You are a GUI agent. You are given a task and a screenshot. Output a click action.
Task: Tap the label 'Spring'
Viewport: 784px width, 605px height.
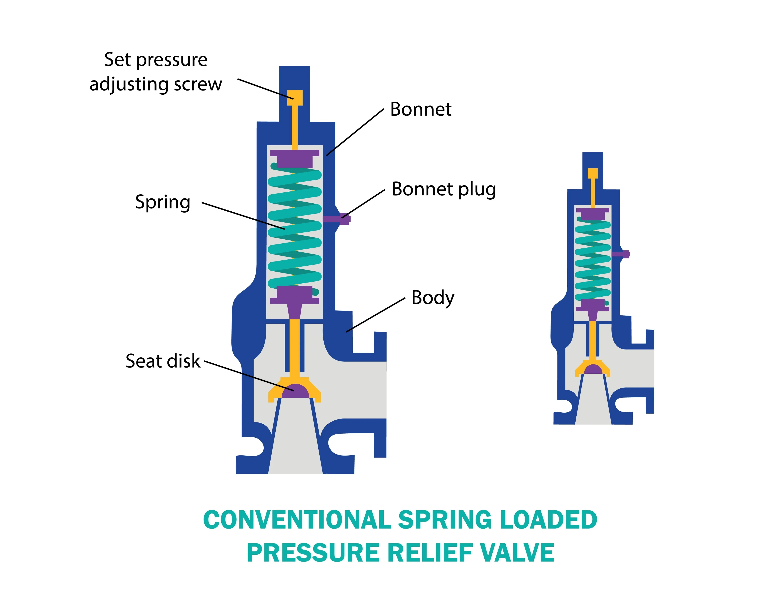(163, 202)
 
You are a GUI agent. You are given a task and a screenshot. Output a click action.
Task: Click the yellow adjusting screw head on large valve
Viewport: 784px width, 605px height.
(295, 97)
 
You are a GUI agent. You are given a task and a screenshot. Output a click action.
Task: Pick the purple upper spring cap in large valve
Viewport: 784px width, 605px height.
(295, 158)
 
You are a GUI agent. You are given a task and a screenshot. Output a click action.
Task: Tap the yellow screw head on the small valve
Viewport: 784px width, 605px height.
(593, 173)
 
